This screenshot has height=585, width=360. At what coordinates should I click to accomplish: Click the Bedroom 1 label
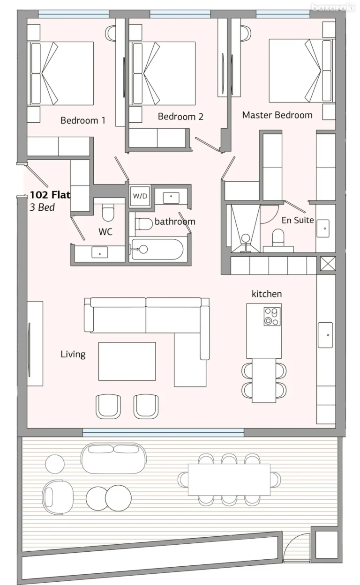point(83,120)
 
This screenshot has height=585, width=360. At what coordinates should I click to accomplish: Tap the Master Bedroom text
point(277,115)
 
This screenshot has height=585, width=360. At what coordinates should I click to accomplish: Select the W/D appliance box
point(140,196)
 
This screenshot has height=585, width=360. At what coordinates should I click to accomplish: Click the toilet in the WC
point(108,213)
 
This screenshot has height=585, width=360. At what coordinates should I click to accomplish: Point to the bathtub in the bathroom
point(157,249)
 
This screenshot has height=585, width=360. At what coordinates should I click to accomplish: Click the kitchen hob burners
point(272,317)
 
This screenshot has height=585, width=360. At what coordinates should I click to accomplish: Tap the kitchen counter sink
point(325,335)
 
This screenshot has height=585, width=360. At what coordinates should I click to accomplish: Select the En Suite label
point(298,220)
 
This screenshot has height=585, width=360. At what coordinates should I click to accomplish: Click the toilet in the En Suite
point(277,237)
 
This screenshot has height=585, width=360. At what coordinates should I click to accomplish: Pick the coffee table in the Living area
point(127,362)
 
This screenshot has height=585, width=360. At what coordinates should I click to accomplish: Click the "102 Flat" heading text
point(50,195)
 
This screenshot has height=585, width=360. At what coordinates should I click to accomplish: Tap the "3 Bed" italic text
point(42,207)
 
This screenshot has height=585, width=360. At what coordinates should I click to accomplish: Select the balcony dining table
point(229,480)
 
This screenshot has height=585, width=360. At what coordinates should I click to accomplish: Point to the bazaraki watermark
point(333,8)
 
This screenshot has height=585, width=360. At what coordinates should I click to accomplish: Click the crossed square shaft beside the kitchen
point(328,264)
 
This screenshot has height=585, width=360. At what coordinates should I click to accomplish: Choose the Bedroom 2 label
point(180,117)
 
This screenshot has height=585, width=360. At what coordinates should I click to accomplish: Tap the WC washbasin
point(99,252)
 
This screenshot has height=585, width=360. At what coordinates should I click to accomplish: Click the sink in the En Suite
point(323,229)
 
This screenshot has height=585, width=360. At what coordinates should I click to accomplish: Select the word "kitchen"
point(267,294)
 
